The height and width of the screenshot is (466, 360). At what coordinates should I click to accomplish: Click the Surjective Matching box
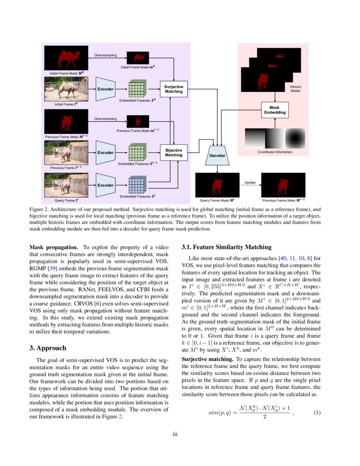[x=174, y=89]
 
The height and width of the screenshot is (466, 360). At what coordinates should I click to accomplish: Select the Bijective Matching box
[x=174, y=153]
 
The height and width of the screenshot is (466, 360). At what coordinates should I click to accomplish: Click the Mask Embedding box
[x=275, y=110]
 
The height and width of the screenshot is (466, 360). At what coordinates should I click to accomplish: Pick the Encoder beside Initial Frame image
[x=105, y=89]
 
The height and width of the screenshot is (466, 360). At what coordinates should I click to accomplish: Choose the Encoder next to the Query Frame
[x=105, y=185]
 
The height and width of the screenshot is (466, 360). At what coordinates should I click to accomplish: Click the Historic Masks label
[x=296, y=89]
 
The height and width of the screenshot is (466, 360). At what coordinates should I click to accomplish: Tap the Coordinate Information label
[x=275, y=152]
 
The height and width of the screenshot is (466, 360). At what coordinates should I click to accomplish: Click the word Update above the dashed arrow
[x=250, y=182]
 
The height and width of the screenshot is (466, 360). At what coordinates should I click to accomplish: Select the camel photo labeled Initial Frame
[x=66, y=89]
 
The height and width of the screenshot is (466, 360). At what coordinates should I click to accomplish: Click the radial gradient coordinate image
[x=295, y=137]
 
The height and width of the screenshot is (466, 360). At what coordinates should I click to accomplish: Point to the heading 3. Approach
[x=48, y=348]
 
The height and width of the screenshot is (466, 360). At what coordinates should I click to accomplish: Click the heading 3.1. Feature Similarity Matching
[x=226, y=247]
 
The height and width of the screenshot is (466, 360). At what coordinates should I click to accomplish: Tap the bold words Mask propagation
[x=54, y=247]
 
